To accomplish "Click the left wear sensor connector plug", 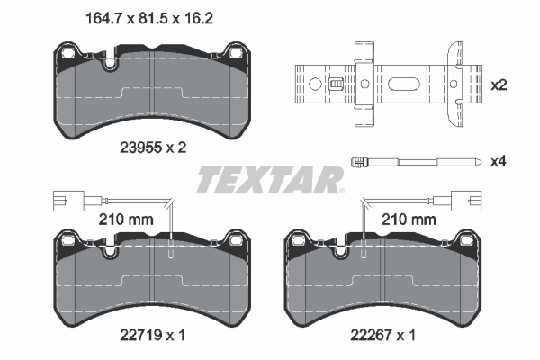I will pos(64,202).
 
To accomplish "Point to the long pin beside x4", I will pos(413,162).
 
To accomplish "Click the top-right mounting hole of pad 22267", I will pos(467,240).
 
